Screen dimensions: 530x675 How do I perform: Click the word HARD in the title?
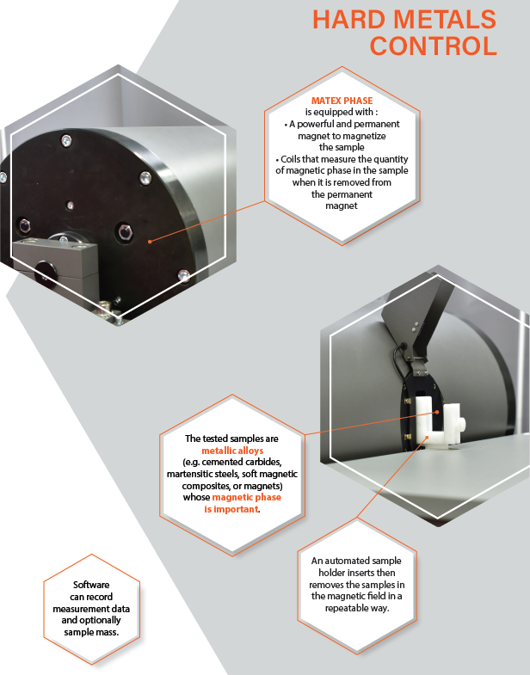click(x=349, y=19)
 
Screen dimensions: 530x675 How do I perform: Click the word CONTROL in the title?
click(x=434, y=46)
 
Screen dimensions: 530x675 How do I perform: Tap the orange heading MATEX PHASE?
click(x=342, y=101)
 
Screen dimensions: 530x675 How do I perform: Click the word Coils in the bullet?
click(x=290, y=159)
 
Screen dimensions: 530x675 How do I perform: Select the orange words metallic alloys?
click(x=232, y=451)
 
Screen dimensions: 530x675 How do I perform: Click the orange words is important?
click(x=231, y=509)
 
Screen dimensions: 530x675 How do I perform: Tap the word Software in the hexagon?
click(x=91, y=585)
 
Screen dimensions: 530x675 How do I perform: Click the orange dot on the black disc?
click(x=150, y=242)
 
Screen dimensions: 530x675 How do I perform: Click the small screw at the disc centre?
click(x=70, y=206)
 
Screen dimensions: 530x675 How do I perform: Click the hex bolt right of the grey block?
click(x=125, y=231)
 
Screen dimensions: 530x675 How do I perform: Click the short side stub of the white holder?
click(x=461, y=422)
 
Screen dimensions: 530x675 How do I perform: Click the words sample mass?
click(x=91, y=632)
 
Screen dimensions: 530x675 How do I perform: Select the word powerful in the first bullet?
click(x=317, y=124)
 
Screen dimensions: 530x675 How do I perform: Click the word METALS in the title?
click(x=445, y=19)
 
